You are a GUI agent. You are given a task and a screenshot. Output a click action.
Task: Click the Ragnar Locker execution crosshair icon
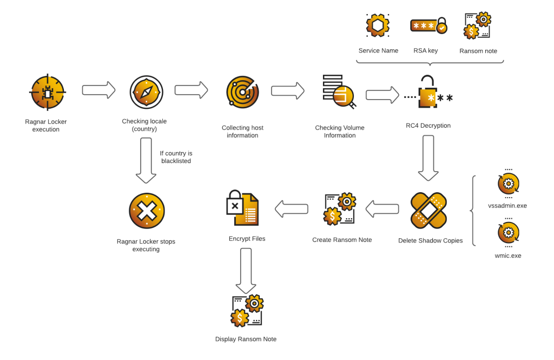tap(48, 93)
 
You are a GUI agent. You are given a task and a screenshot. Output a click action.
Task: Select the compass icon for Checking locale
tap(146, 92)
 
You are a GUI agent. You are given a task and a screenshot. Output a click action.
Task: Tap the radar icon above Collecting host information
tap(242, 93)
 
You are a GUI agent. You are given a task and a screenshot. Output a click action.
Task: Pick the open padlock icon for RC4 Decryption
tap(428, 93)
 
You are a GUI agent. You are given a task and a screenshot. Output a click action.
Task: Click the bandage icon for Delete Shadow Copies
tap(429, 211)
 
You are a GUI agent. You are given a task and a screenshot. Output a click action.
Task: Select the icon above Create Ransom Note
tap(339, 209)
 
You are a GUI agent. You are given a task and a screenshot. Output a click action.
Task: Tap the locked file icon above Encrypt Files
tap(242, 208)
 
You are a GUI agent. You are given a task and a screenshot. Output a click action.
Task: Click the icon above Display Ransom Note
tap(247, 311)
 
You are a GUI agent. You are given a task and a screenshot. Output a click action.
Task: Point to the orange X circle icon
tap(147, 211)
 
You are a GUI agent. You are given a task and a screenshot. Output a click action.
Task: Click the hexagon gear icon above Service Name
tap(378, 25)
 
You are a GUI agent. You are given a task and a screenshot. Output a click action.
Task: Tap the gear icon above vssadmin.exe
tap(509, 184)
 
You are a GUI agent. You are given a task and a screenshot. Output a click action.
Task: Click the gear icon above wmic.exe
tap(509, 233)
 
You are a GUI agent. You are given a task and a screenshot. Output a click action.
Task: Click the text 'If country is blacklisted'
tap(176, 157)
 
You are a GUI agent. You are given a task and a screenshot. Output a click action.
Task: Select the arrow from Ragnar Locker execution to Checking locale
tap(99, 90)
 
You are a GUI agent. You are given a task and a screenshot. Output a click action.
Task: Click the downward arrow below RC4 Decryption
tap(428, 158)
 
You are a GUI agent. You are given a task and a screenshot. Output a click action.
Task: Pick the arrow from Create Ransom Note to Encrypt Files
tap(292, 209)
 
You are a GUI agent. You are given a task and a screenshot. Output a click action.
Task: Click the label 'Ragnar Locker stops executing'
tap(146, 245)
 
